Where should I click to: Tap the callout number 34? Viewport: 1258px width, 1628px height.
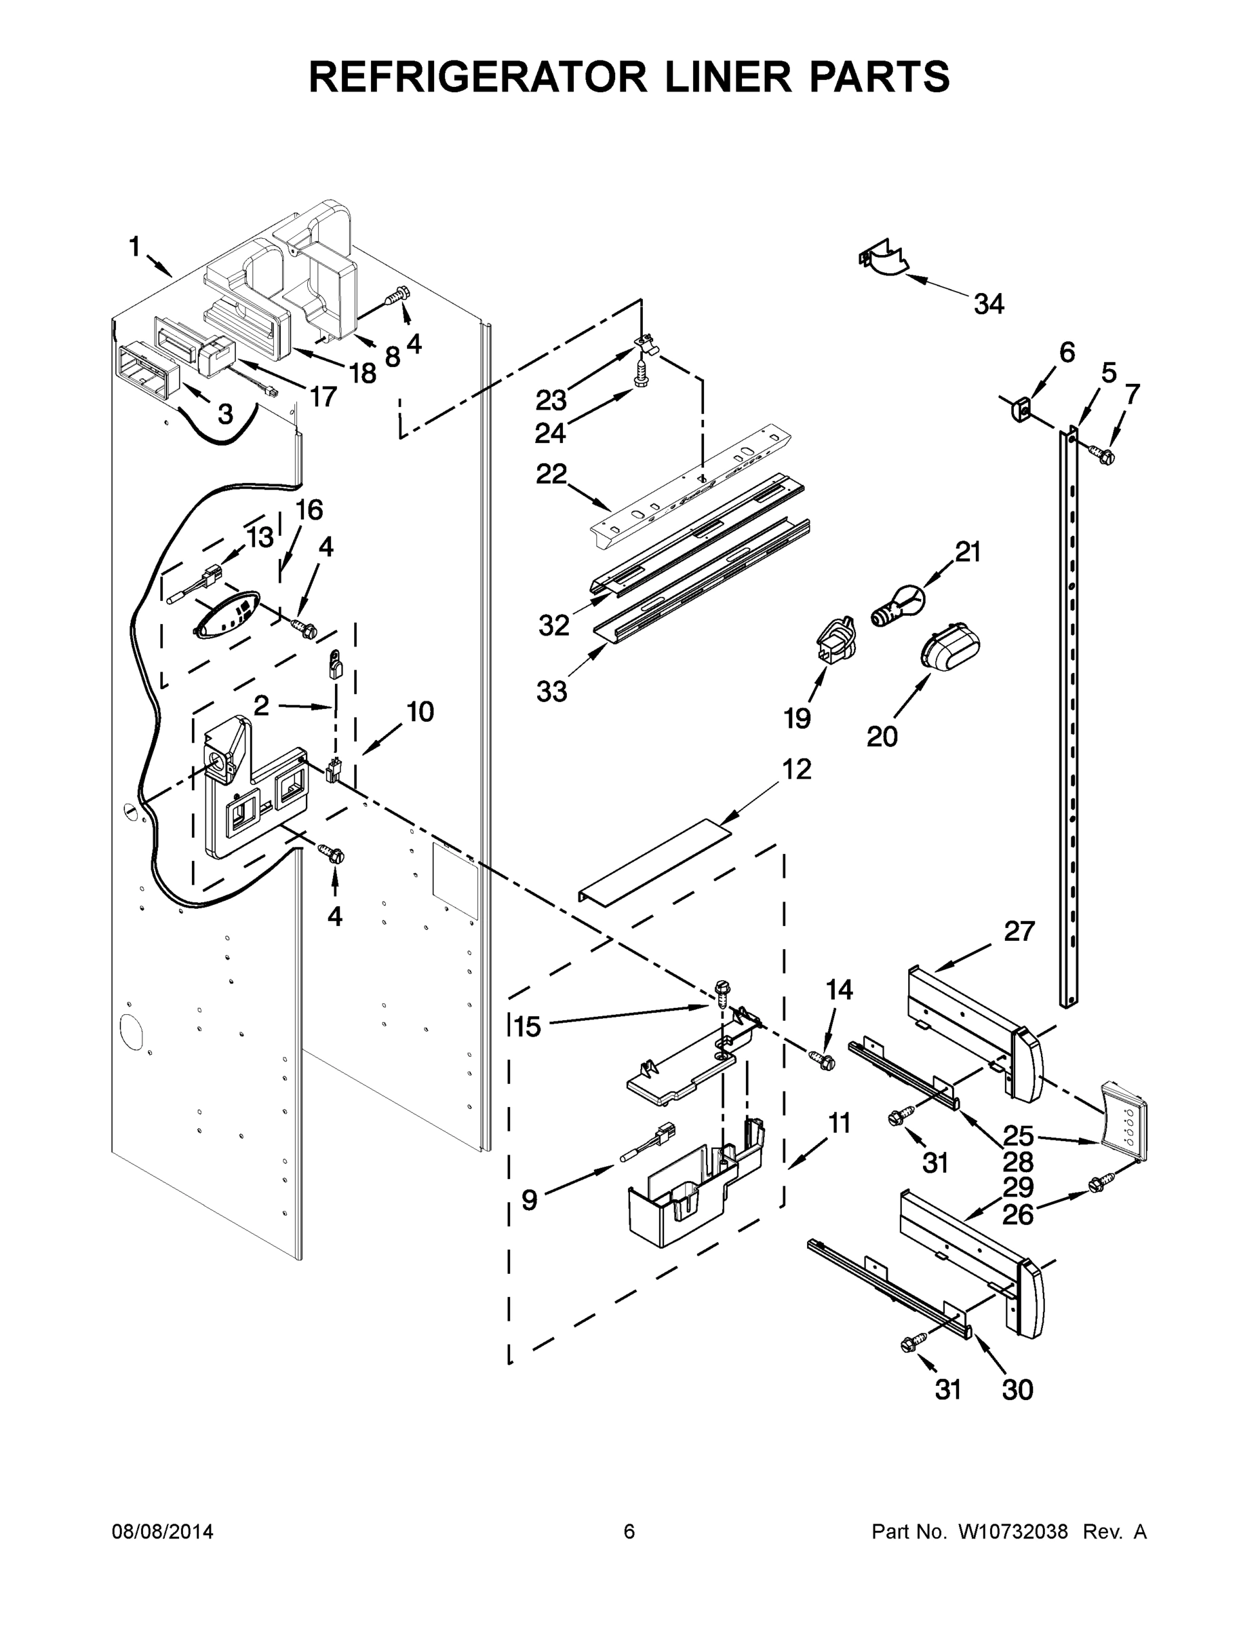[x=989, y=304]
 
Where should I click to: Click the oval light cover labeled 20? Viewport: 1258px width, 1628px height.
[x=950, y=646]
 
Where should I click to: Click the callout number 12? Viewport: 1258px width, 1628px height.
[x=796, y=769]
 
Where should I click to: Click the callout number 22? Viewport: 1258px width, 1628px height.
[x=551, y=474]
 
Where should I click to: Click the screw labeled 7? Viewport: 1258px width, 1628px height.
[x=1101, y=452]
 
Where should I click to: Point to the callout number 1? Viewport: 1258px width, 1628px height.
[x=135, y=246]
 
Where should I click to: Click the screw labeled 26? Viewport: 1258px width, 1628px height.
[x=1101, y=1182]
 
